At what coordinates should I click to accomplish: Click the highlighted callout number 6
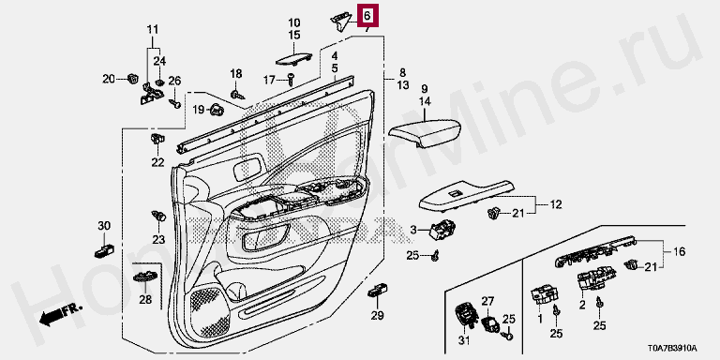pyautogui.click(x=367, y=16)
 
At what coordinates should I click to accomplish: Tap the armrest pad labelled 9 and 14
pyautogui.click(x=424, y=132)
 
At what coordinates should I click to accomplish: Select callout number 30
pyautogui.click(x=104, y=225)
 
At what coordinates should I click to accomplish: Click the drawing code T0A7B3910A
pyautogui.click(x=672, y=348)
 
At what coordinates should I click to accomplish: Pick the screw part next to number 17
pyautogui.click(x=292, y=79)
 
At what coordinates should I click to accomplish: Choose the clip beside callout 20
pyautogui.click(x=132, y=79)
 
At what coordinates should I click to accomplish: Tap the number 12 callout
pyautogui.click(x=556, y=204)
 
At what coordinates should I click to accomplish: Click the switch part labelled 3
pyautogui.click(x=442, y=228)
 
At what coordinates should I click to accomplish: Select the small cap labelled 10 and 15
pyautogui.click(x=293, y=59)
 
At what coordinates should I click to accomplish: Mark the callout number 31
pyautogui.click(x=464, y=340)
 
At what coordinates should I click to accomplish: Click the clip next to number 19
pyautogui.click(x=217, y=110)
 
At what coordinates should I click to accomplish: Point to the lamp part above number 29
pyautogui.click(x=378, y=291)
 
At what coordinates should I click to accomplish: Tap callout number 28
pyautogui.click(x=145, y=300)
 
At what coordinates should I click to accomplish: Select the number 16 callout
pyautogui.click(x=679, y=251)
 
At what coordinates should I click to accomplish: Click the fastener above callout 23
pyautogui.click(x=158, y=215)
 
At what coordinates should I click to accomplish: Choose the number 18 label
pyautogui.click(x=235, y=73)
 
